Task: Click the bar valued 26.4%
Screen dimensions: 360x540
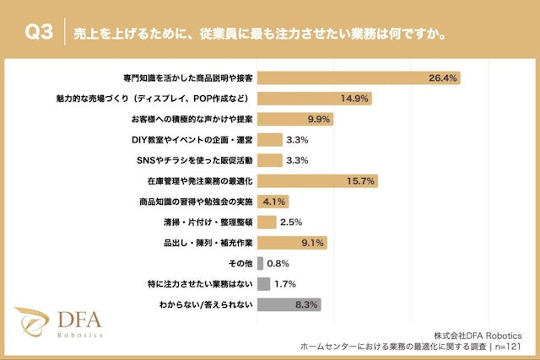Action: coord(358,78)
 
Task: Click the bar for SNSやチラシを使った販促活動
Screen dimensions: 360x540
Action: coord(269,160)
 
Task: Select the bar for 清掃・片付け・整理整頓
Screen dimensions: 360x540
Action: coord(267,222)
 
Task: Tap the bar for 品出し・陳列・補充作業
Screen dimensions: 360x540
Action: coord(292,243)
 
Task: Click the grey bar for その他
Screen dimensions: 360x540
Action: coord(260,263)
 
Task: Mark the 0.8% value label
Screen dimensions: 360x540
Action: coord(278,263)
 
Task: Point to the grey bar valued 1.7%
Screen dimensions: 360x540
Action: coord(263,284)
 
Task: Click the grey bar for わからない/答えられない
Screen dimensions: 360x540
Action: coord(289,304)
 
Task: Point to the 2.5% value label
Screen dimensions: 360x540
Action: coord(291,223)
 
